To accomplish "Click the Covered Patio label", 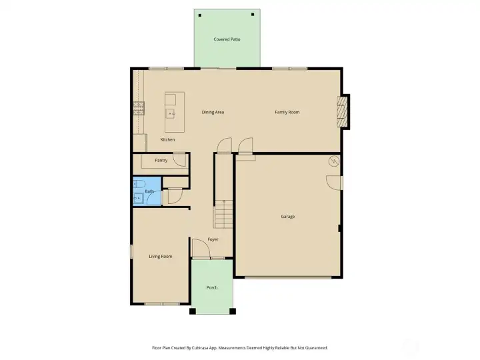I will click(227, 39).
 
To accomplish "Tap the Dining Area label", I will click(213, 112).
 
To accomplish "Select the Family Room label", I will click(287, 112).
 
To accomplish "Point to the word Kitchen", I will click(168, 139).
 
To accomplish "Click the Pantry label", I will click(161, 160).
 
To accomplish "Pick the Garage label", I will click(287, 217).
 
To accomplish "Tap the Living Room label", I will click(161, 256).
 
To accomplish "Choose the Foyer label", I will click(213, 239).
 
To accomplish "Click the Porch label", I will click(212, 287).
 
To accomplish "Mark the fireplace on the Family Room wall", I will click(343, 111).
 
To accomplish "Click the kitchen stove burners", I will click(139, 108).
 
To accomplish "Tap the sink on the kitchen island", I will click(171, 114).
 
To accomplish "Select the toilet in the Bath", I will click(138, 185).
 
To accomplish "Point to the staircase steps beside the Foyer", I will click(223, 217).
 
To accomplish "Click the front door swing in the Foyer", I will click(199, 248).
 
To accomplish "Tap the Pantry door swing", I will click(179, 159).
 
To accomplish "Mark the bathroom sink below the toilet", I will click(137, 198).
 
